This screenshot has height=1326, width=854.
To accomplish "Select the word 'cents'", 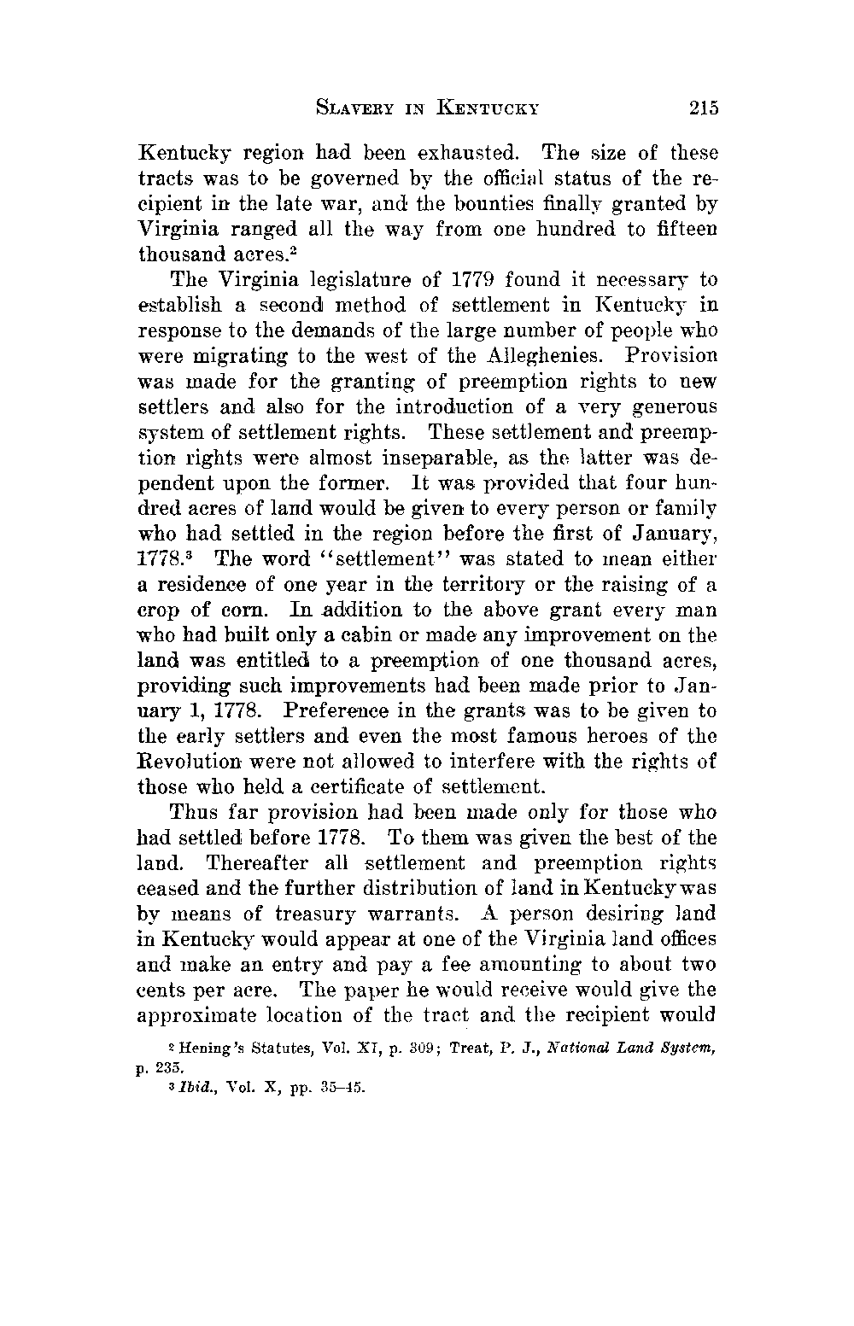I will click(x=163, y=990).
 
